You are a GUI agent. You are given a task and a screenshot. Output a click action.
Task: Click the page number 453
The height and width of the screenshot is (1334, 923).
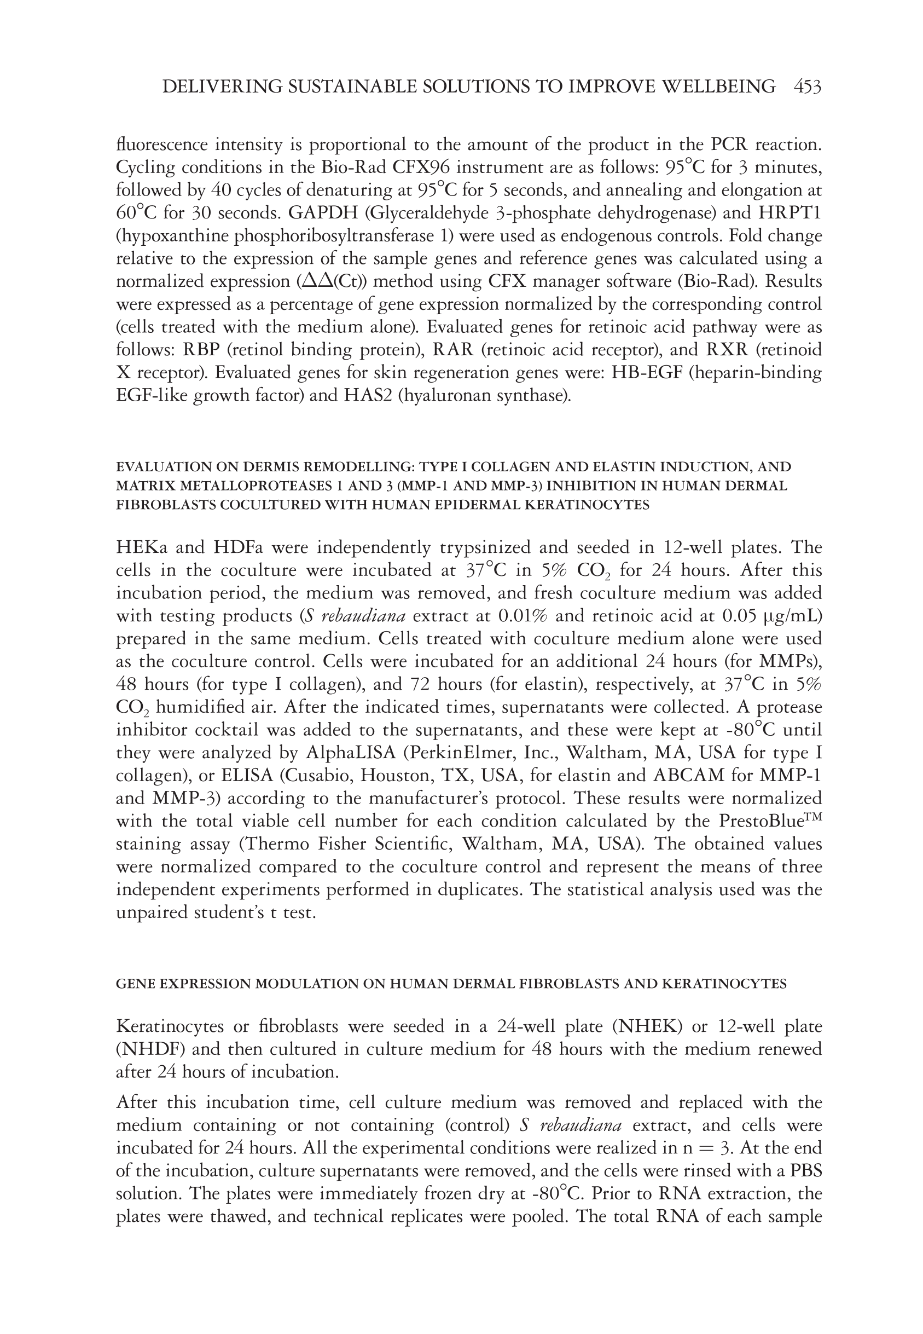808,87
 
